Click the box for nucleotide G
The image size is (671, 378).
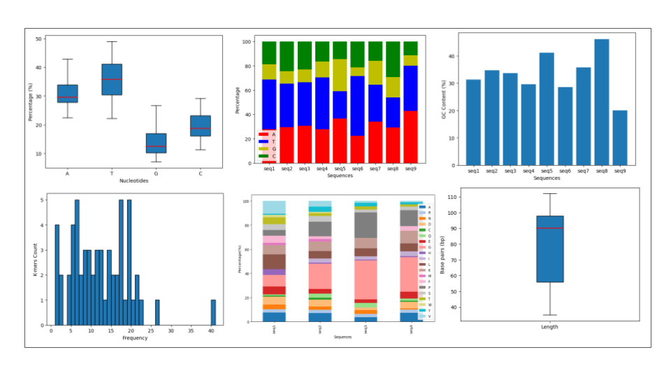click(156, 143)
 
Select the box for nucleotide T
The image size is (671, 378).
click(112, 79)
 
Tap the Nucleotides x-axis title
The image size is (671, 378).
click(134, 181)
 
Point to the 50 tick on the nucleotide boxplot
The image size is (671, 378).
click(38, 38)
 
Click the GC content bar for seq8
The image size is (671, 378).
click(602, 102)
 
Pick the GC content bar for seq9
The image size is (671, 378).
click(620, 138)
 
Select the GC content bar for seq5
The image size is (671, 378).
click(547, 109)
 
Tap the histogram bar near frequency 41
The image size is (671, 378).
click(213, 312)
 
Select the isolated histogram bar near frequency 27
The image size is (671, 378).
click(157, 312)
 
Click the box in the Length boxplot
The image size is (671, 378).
click(550, 248)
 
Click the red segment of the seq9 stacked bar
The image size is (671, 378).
click(411, 136)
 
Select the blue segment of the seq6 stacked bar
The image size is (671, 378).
click(357, 106)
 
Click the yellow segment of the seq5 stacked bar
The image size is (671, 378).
click(340, 75)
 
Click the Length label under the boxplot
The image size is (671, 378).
click(549, 327)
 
